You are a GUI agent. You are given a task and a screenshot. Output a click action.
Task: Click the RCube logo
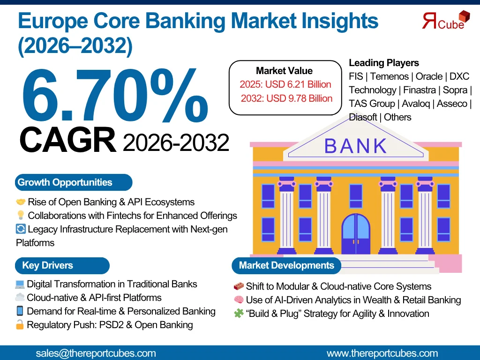click(x=446, y=20)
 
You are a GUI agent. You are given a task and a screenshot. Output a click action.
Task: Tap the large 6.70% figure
click(x=115, y=96)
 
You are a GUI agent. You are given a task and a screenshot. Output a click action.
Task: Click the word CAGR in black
click(x=67, y=140)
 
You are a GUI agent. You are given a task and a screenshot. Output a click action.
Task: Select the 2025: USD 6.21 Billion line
click(x=285, y=84)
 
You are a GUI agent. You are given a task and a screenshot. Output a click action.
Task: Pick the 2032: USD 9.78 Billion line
click(x=286, y=98)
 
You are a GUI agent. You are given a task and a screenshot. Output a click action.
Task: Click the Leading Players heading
click(x=384, y=63)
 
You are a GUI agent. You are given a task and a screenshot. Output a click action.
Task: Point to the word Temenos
click(x=390, y=76)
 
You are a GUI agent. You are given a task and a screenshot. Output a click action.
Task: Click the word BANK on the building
click(x=356, y=146)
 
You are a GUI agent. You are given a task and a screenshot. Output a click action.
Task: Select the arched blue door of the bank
click(x=356, y=234)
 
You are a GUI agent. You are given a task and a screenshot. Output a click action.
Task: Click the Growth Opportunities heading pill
click(x=74, y=182)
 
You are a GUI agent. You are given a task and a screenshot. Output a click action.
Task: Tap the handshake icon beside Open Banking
click(x=21, y=202)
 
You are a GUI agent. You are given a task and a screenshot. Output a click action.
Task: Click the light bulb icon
click(x=21, y=215)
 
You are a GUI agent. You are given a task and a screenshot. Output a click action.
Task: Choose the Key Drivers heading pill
click(x=62, y=265)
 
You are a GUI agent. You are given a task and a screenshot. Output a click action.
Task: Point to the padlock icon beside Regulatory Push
click(x=20, y=324)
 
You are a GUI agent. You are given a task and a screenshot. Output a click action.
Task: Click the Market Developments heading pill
click(x=286, y=265)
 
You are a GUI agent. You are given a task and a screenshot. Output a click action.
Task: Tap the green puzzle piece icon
click(x=239, y=313)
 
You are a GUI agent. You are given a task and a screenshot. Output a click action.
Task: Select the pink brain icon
click(x=239, y=300)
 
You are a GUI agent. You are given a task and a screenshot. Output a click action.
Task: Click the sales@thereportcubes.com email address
click(x=96, y=353)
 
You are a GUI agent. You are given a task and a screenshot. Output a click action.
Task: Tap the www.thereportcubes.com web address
click(x=382, y=353)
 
